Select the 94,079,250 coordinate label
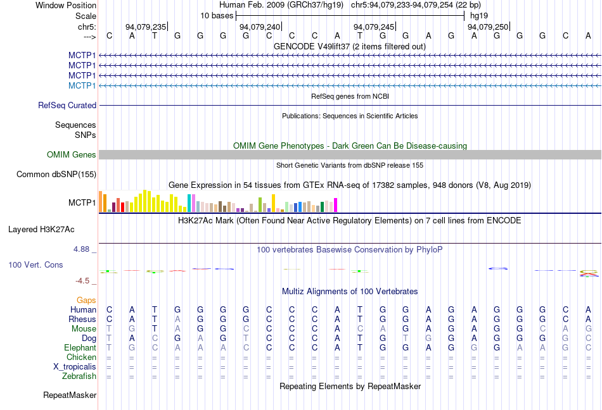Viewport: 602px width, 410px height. [487, 27]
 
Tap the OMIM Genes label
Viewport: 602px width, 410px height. [72, 155]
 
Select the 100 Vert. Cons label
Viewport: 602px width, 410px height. [35, 264]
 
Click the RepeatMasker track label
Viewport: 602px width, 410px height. [70, 395]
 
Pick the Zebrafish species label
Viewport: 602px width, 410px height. [79, 376]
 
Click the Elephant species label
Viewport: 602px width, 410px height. [80, 348]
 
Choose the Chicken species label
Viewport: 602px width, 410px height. [81, 357]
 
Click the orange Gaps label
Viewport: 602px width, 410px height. [86, 301]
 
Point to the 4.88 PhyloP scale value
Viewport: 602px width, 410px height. [82, 249]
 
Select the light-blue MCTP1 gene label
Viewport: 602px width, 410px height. [82, 85]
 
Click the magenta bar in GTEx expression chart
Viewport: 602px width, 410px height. [335, 205]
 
